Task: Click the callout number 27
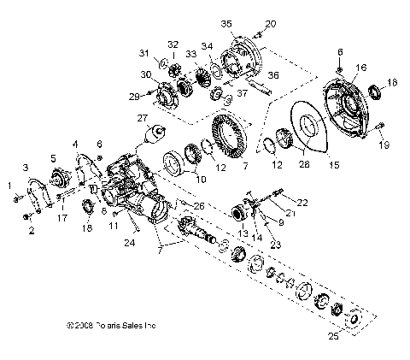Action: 142,119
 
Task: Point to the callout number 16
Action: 360,66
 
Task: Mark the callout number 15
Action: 334,163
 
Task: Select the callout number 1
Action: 10,186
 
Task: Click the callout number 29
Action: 135,96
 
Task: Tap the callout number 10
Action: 202,179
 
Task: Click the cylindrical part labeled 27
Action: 155,135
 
